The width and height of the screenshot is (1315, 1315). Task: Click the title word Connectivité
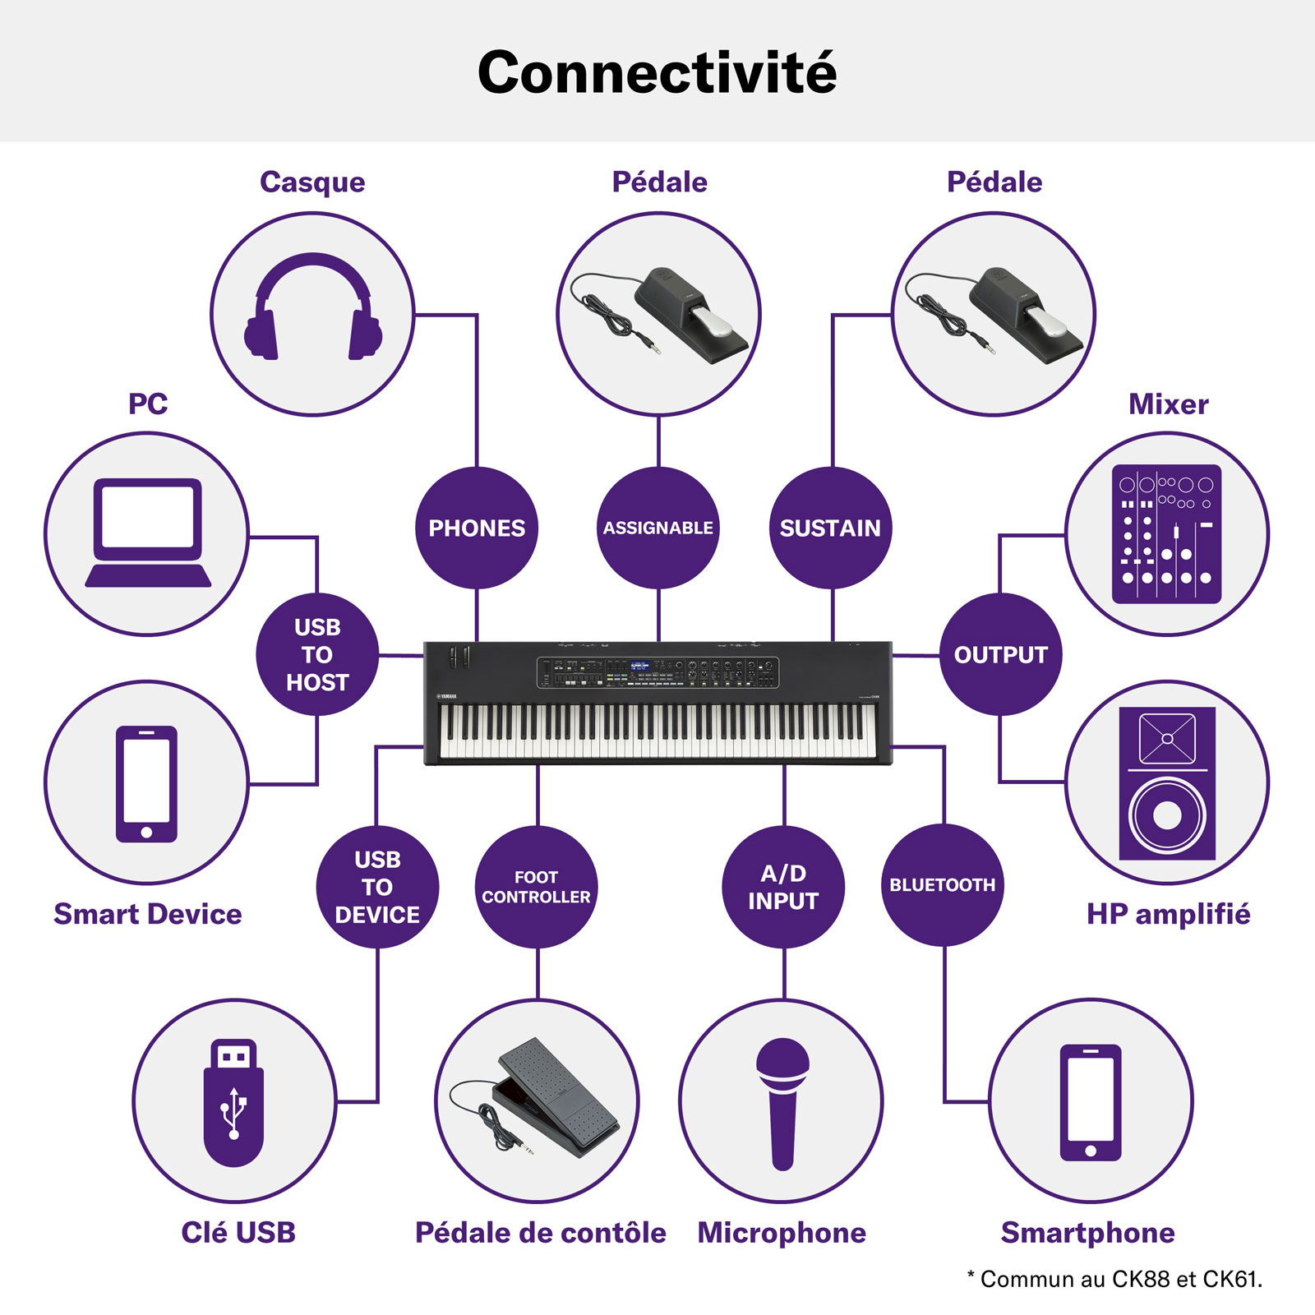click(x=657, y=72)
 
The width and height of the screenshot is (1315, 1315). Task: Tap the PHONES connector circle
click(x=477, y=528)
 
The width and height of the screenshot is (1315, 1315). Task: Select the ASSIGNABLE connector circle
click(x=658, y=528)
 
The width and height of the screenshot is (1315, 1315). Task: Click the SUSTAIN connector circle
click(x=830, y=528)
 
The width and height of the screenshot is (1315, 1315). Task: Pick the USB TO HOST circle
click(x=317, y=654)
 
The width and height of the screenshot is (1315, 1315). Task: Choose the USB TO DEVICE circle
click(x=377, y=887)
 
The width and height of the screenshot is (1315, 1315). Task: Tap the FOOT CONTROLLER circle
click(x=537, y=887)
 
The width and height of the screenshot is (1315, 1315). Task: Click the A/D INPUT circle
click(x=783, y=887)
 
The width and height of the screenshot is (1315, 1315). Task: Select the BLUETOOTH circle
click(x=942, y=885)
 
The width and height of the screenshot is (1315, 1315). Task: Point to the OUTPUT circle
click(x=1000, y=654)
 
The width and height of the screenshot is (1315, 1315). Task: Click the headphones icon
click(x=313, y=306)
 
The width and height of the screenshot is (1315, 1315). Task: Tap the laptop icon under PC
click(x=148, y=533)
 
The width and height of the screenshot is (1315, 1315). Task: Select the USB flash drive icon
click(x=234, y=1103)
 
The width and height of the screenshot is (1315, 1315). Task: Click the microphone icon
click(x=783, y=1104)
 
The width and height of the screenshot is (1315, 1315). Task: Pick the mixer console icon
click(x=1167, y=534)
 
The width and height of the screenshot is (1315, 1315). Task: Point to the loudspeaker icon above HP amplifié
click(x=1167, y=783)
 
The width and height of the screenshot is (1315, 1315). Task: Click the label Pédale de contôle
click(x=541, y=1233)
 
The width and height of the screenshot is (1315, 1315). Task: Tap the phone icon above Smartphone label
click(x=1091, y=1102)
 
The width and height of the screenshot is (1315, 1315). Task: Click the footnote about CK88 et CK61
click(x=1114, y=1279)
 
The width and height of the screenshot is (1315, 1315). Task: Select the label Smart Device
click(x=148, y=914)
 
